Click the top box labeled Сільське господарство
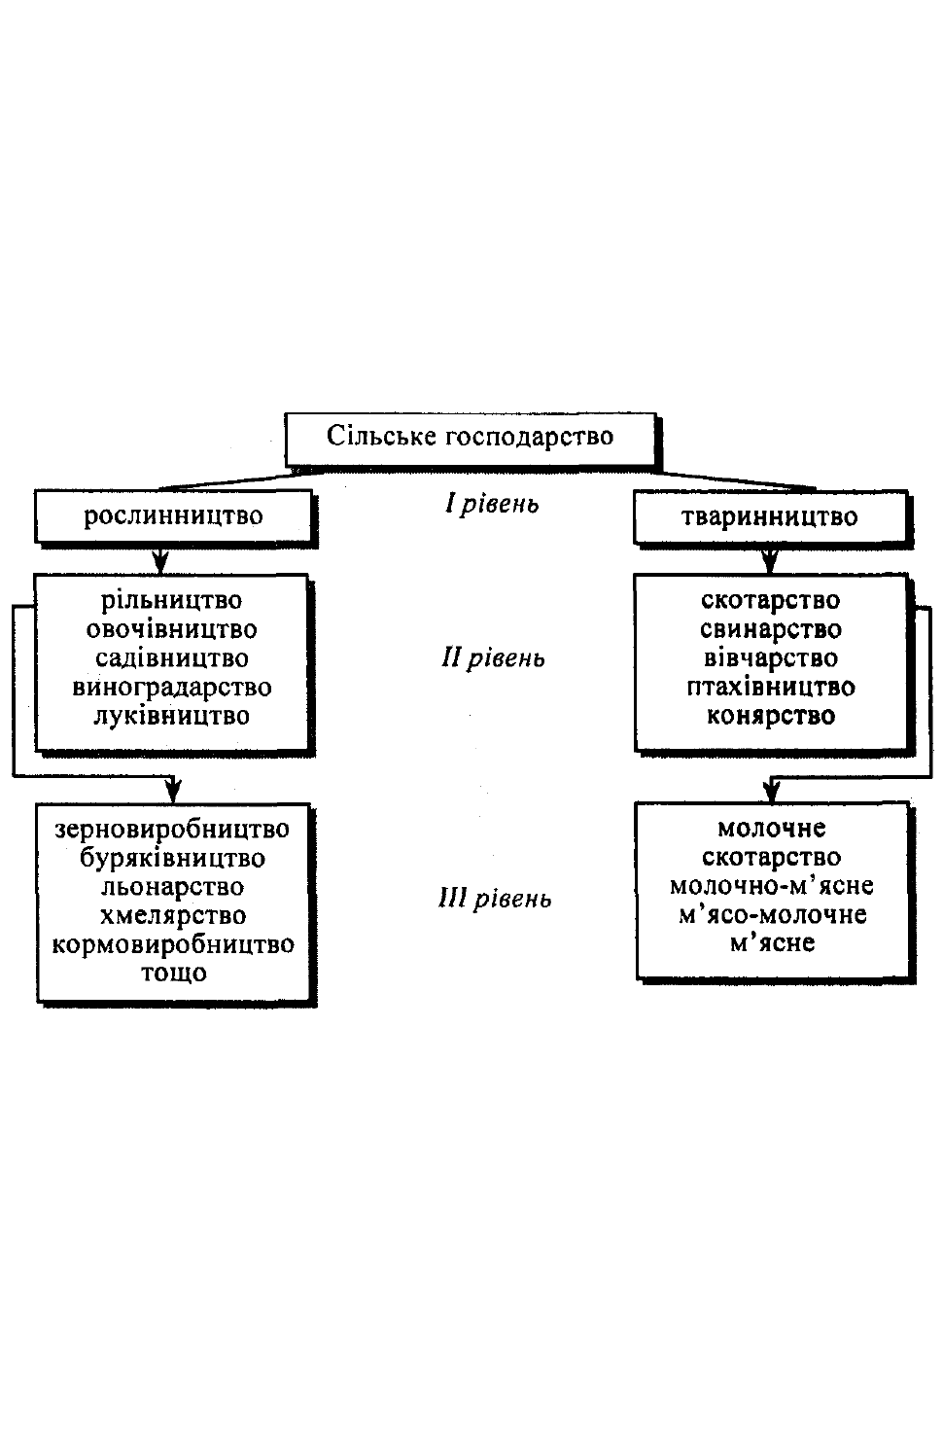click(x=471, y=440)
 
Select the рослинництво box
click(x=174, y=515)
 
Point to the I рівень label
click(x=492, y=504)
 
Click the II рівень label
click(x=494, y=658)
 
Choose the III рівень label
click(x=495, y=899)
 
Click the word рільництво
click(x=171, y=601)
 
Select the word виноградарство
click(x=172, y=687)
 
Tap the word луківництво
click(x=172, y=716)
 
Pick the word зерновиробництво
click(x=172, y=829)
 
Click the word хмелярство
click(x=173, y=915)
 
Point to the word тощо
click(x=174, y=973)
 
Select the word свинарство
click(x=771, y=629)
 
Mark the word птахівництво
click(x=771, y=687)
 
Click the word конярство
click(x=771, y=716)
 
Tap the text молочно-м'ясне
click(x=771, y=886)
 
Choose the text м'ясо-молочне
click(x=772, y=914)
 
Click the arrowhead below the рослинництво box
click(x=160, y=562)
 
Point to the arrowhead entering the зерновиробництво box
click(x=172, y=791)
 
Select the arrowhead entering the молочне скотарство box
click(x=771, y=791)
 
